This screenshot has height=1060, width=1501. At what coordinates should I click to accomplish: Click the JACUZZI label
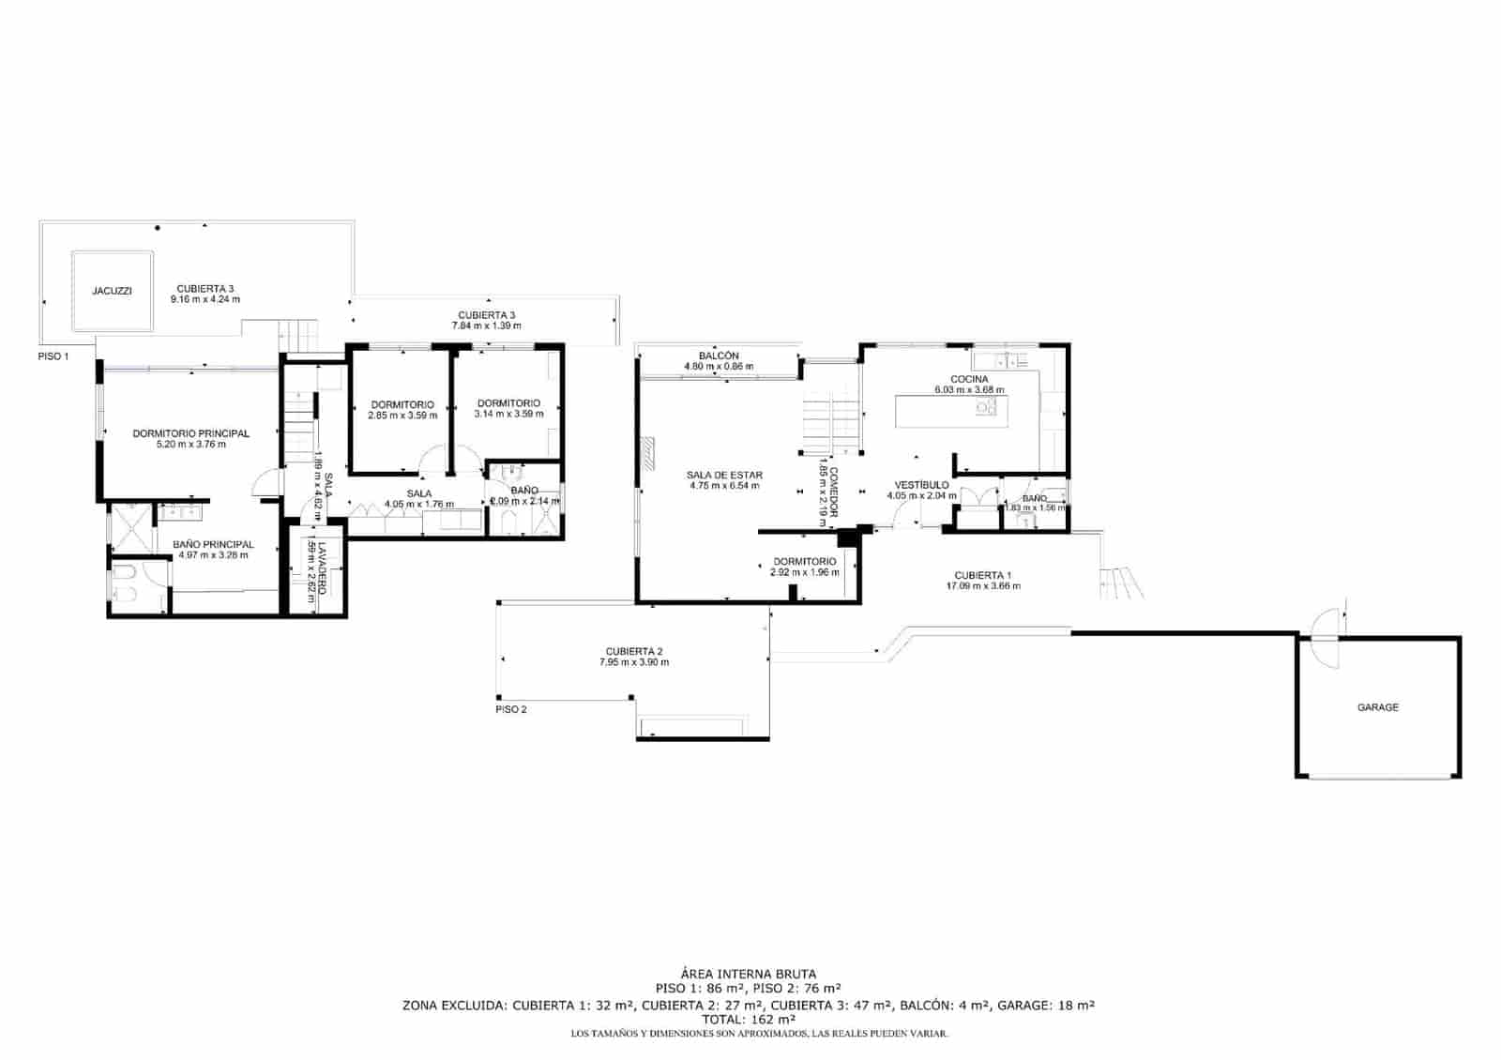pos(112,291)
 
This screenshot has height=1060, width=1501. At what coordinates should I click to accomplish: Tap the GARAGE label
pos(1377,707)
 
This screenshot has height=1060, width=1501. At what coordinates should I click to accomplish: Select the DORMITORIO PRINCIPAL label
pos(190,433)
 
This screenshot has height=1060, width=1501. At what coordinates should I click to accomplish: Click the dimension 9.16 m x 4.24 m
pos(205,300)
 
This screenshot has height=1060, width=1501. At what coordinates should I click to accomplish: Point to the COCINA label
pos(969,379)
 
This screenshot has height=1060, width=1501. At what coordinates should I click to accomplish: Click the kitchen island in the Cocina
pos(951,411)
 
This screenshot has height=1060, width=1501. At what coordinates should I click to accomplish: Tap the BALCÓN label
pos(719,356)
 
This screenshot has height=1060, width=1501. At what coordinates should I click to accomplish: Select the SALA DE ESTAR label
pos(724,476)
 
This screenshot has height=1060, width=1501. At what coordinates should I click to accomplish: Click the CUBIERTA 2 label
pos(634,651)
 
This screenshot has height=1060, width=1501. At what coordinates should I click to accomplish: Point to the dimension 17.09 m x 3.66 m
pos(983,586)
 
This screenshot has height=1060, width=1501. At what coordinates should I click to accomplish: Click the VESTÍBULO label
pos(921,485)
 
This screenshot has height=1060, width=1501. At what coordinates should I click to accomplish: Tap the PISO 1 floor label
pos(53,356)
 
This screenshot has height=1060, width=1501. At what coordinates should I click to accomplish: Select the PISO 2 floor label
pos(511,709)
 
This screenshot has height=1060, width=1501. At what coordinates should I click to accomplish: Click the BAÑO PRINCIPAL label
pos(213,544)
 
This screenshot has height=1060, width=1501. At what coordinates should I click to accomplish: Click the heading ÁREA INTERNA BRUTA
pos(748,975)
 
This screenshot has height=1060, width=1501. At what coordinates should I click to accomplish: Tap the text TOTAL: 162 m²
pos(748,1019)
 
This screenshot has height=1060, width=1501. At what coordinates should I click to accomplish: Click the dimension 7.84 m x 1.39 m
pos(486,326)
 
